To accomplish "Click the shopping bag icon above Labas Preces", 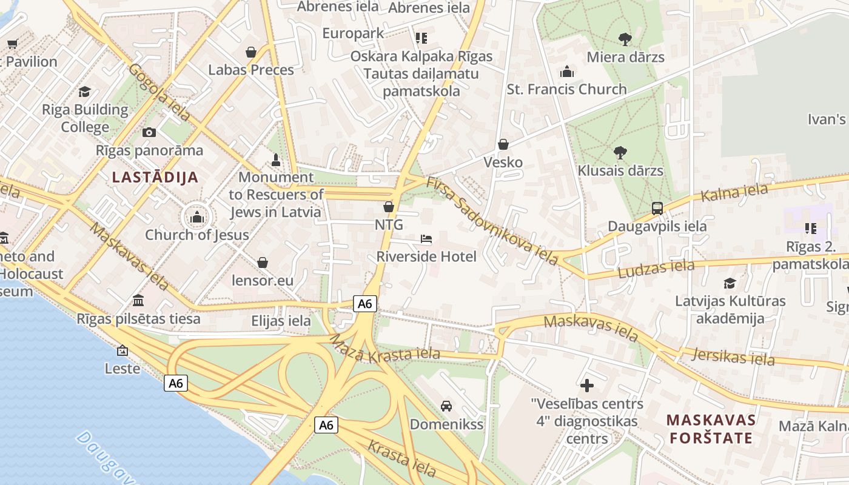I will tap(251, 53).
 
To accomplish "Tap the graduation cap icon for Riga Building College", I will tap(84, 92).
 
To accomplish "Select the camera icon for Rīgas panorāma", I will tap(149, 133).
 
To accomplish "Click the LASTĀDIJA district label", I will tap(155, 178).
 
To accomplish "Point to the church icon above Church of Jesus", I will tap(196, 217).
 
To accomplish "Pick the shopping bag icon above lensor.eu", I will tap(263, 263).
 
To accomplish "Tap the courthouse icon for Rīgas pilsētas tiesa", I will tap(138, 301).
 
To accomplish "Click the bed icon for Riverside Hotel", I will tap(426, 239).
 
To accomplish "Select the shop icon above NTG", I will tap(389, 207).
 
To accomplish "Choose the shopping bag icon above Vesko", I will tap(503, 144).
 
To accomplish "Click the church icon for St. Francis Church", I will tap(567, 72).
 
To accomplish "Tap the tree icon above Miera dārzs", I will tap(625, 39).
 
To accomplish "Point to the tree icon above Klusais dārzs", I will tap(620, 153).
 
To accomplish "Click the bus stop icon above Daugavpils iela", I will tap(657, 209).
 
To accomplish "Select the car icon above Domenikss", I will tap(446, 406).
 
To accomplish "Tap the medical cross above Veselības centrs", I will tap(586, 385).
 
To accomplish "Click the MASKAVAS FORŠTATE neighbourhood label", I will tap(711, 429).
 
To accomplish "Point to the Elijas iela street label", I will tap(281, 321).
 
